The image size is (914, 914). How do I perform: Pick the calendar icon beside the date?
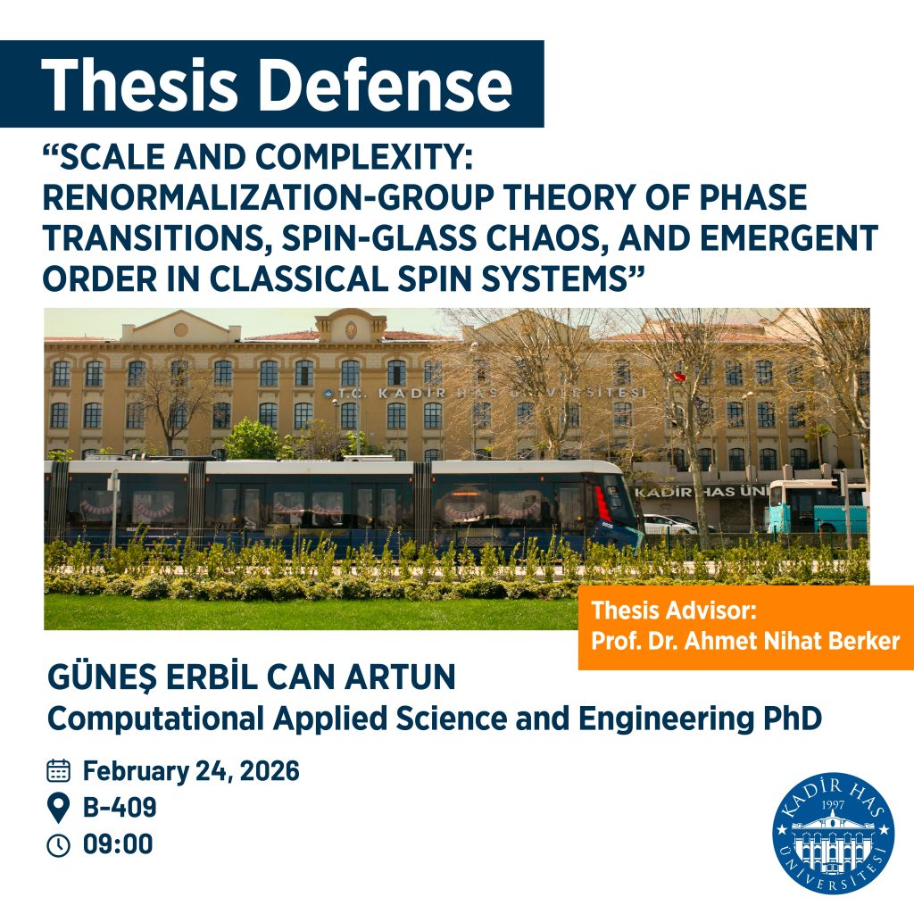tap(58, 770)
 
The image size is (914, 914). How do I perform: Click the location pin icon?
tap(58, 808)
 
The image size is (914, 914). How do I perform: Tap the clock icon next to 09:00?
tap(58, 844)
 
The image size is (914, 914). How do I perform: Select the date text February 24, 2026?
tap(191, 770)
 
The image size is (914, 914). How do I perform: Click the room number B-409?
tap(120, 808)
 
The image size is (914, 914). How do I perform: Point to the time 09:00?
tap(118, 844)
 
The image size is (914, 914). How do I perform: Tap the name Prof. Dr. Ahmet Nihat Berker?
tap(745, 642)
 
